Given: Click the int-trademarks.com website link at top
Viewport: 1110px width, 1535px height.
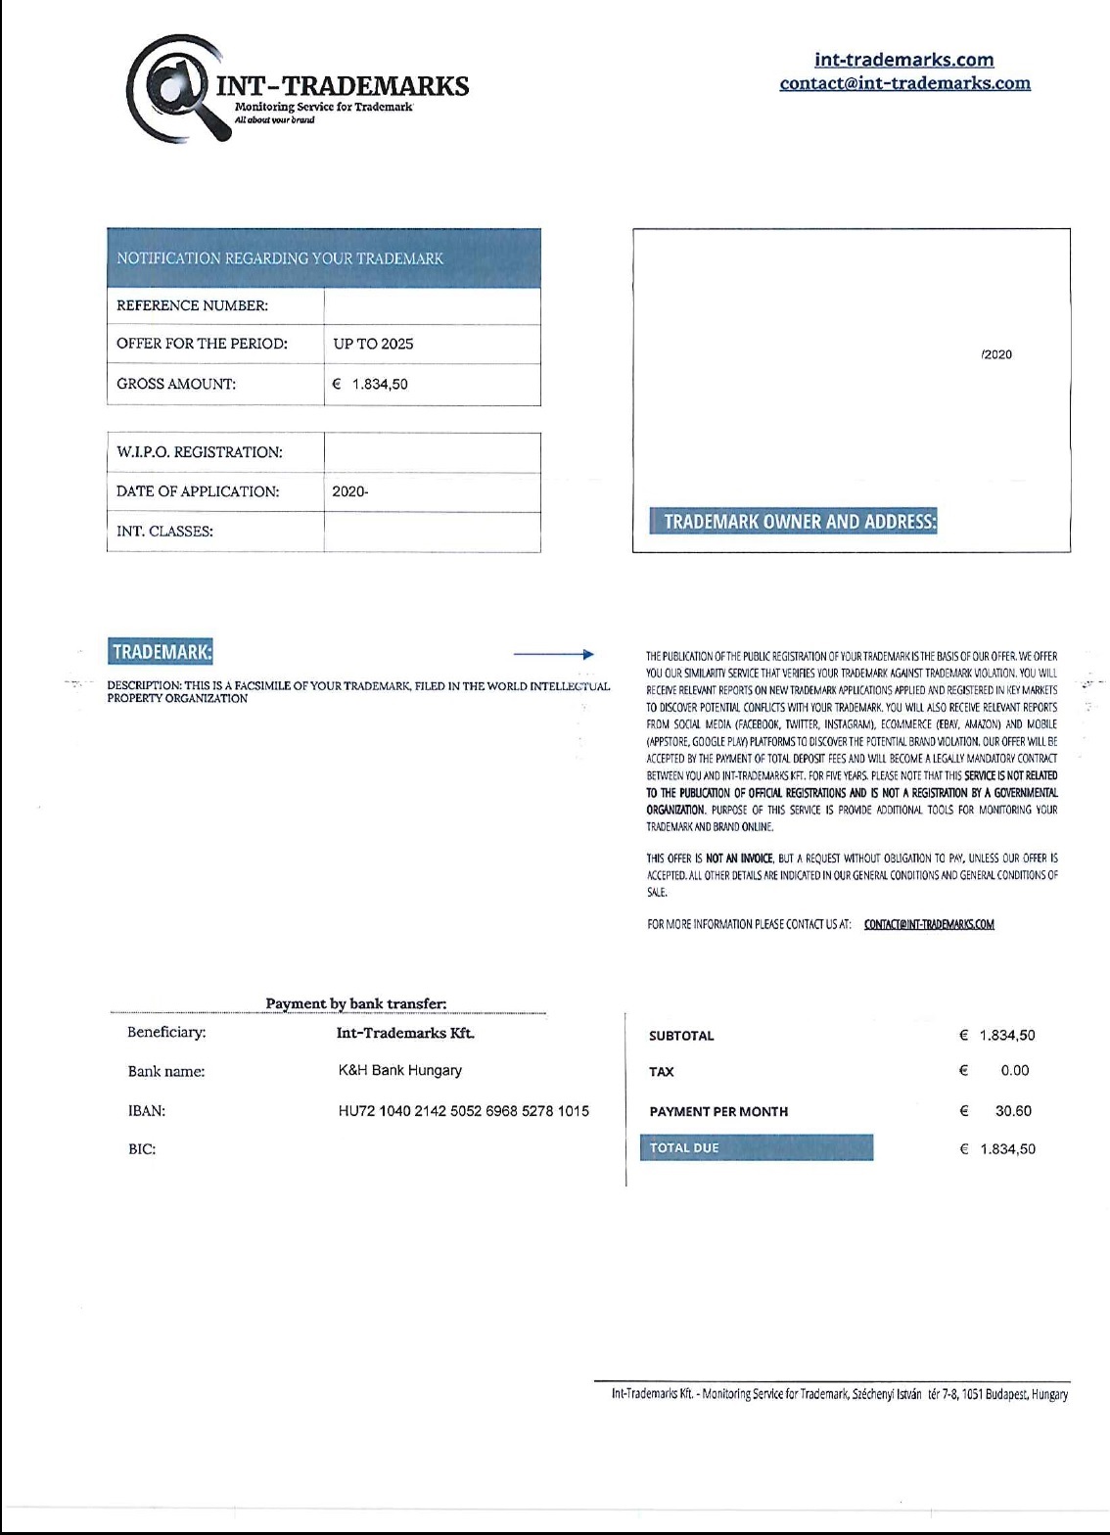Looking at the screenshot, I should tap(903, 61).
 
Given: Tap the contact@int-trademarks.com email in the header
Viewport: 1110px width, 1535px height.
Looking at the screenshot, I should tap(904, 83).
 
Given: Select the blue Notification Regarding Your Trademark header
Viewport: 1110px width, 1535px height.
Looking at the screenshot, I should tap(323, 258).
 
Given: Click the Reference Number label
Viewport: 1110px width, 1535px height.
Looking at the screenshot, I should tap(192, 305).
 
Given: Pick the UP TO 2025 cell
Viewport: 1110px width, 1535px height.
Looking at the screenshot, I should tap(373, 344).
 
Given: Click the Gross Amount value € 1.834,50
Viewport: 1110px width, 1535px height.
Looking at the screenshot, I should tap(371, 385).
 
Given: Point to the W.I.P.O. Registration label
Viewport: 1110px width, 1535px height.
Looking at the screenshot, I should tap(199, 452).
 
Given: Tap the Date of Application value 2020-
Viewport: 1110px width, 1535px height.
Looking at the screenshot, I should tap(350, 491).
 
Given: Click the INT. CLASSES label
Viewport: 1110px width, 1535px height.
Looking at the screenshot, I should tap(164, 532).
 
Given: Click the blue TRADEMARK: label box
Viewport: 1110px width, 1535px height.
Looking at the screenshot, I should tap(162, 652).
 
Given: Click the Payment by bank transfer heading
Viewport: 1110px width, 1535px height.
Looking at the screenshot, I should tap(356, 1003).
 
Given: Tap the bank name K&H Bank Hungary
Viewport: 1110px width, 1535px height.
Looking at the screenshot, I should tap(400, 1070).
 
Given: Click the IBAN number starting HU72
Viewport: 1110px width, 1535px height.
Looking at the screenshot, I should tap(464, 1110).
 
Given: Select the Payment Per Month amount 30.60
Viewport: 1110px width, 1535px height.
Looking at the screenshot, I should tap(1013, 1111).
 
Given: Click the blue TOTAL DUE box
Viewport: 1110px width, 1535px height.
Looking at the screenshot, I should tap(756, 1148).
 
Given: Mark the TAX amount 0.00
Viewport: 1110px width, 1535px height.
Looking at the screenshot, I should tap(1015, 1070).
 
